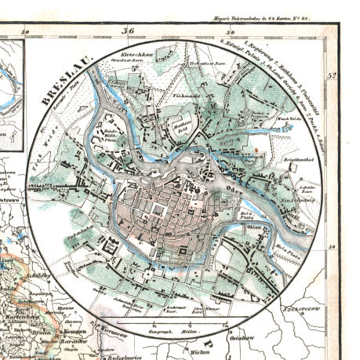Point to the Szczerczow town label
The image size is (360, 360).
point(323,302)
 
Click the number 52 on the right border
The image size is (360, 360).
point(333,76)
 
